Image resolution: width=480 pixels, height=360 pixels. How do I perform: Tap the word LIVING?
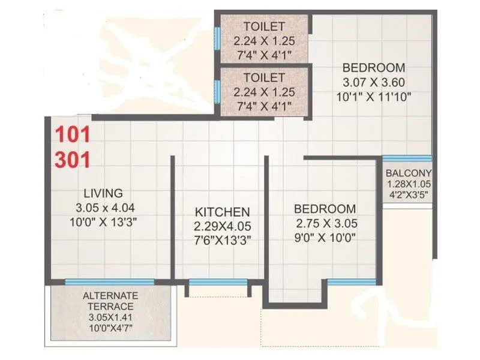[x=103, y=193]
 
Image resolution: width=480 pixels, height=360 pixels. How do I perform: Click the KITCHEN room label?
[x=222, y=212]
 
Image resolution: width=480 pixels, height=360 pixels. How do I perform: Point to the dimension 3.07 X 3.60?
[x=370, y=82]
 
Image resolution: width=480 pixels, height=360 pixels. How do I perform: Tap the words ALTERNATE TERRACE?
[x=110, y=301]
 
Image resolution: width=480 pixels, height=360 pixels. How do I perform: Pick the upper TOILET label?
[x=264, y=26]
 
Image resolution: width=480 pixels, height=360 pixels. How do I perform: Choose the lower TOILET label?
[x=264, y=78]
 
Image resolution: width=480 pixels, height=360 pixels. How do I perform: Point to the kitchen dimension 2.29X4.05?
[x=222, y=227]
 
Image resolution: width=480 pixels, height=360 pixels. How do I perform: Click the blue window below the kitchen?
[x=219, y=282]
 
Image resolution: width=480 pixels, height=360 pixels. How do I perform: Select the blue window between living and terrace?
[x=109, y=282]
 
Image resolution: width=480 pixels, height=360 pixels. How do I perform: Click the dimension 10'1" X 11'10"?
[x=370, y=96]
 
